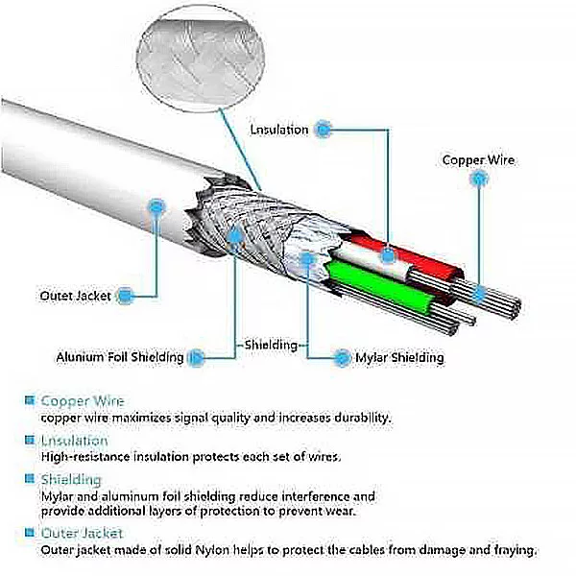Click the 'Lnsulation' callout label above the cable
point(279,129)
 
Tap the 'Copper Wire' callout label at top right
point(478,160)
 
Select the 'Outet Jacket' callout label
point(76,296)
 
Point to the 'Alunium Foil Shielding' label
point(119,357)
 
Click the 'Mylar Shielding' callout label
point(399,357)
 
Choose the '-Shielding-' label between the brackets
point(272,344)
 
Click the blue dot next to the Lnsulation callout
point(324,127)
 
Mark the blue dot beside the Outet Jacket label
point(125,296)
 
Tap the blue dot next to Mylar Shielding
point(342,357)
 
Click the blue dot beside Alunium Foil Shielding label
point(196,357)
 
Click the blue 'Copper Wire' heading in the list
point(82,400)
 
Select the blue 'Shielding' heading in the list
point(70,478)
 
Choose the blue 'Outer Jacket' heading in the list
point(82,532)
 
